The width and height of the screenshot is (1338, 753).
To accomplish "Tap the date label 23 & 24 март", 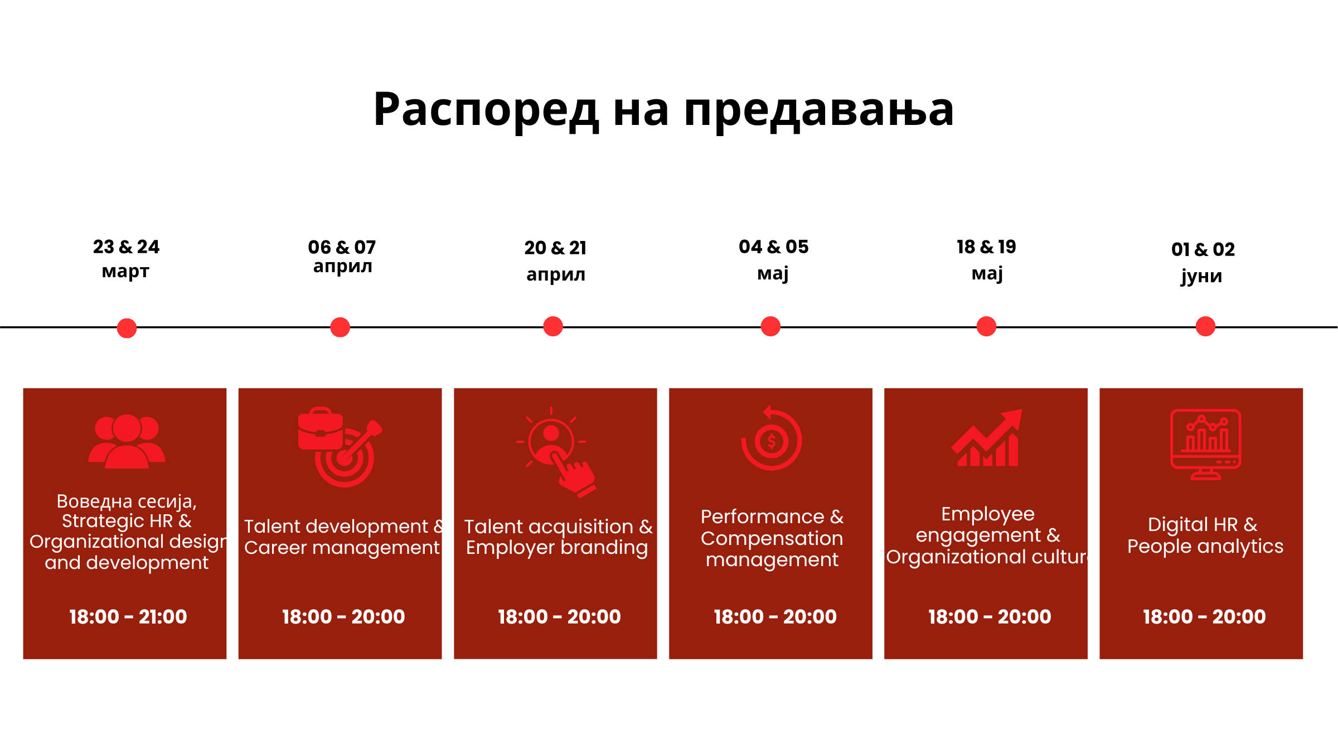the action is coord(126,259).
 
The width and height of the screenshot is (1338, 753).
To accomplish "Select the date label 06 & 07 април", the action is coord(342,257).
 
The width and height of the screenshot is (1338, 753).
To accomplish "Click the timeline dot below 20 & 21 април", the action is coord(553,326).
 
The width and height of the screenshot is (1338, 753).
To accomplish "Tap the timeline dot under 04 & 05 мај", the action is coord(770,326).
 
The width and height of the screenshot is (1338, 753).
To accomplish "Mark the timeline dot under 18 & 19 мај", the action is coord(986,326).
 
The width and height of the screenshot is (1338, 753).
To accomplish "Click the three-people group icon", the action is coord(127,441).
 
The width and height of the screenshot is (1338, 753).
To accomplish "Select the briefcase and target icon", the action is coord(340,447).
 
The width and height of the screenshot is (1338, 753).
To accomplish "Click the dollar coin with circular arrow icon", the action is coord(771,438).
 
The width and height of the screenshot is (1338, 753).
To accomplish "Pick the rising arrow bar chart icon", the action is coord(987,438).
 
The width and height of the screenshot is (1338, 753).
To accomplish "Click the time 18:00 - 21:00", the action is coord(128,616).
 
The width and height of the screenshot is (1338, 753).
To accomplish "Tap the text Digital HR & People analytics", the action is coord(1205,535).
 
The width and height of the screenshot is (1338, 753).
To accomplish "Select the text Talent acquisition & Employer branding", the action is coord(558,537).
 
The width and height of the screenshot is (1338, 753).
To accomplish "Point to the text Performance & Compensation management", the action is coord(772,538).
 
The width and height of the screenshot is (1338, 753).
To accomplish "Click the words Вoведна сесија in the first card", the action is coord(127,501).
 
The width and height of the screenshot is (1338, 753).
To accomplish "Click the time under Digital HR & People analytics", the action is coord(1204,616).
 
